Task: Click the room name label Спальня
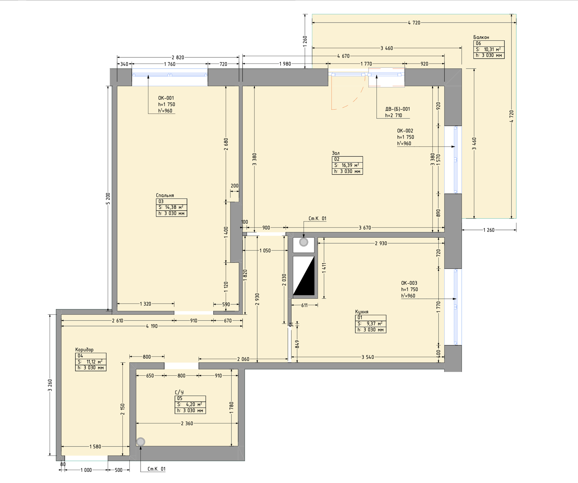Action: pyautogui.click(x=165, y=195)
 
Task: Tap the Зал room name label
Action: pyautogui.click(x=336, y=153)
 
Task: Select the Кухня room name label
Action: pyautogui.click(x=362, y=312)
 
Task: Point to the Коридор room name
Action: pyautogui.click(x=84, y=350)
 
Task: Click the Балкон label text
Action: pyautogui.click(x=481, y=37)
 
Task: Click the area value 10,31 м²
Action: pyautogui.click(x=492, y=49)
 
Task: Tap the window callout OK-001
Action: pyautogui.click(x=166, y=98)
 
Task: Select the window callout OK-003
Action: pyautogui.click(x=409, y=283)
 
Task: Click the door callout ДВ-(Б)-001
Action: pyautogui.click(x=397, y=109)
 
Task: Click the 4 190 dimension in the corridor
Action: pyautogui.click(x=152, y=326)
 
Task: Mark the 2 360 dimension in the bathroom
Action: pyautogui.click(x=187, y=423)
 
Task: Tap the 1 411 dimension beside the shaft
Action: pyautogui.click(x=324, y=268)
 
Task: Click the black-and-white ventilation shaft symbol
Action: pyautogui.click(x=303, y=276)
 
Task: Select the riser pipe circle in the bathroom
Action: pyautogui.click(x=141, y=442)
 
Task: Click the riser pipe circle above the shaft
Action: pyautogui.click(x=303, y=242)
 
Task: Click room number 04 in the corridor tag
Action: pyautogui.click(x=80, y=356)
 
